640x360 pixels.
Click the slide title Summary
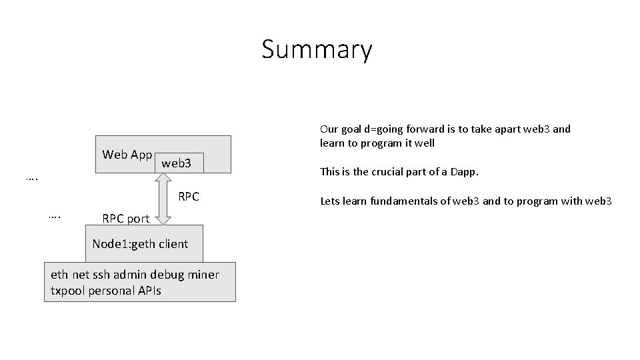click(317, 50)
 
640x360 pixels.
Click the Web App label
click(127, 155)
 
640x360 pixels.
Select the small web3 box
click(177, 163)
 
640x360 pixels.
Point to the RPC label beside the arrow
click(189, 197)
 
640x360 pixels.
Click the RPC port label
click(125, 219)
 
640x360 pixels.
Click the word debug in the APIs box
click(169, 275)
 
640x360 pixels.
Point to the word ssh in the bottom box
click(103, 275)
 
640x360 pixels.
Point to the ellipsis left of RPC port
click(55, 215)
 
